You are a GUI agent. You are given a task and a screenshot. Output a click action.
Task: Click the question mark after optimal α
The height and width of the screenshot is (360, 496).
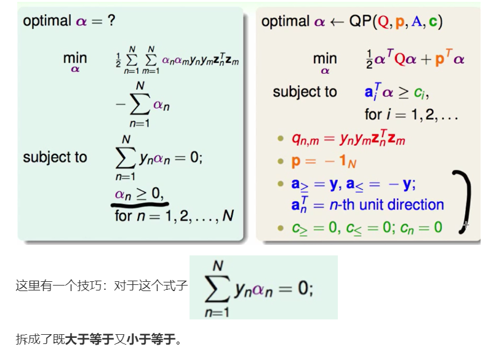tap(111, 21)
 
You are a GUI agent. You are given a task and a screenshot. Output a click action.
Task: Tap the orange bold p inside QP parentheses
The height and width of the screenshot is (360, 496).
tap(399, 22)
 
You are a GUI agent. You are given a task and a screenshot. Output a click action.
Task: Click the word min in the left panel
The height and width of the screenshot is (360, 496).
tap(75, 58)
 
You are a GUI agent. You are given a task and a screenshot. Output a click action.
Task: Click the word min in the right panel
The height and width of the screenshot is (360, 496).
tap(325, 58)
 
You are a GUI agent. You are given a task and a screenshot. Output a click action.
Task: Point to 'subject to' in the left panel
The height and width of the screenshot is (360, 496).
tap(55, 157)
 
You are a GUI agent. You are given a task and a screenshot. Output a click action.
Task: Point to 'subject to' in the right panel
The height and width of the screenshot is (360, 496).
tap(305, 92)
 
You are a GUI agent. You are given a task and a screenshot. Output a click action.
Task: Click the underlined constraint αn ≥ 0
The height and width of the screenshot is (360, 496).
tap(140, 194)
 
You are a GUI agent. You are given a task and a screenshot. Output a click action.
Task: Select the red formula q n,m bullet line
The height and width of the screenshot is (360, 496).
tap(348, 139)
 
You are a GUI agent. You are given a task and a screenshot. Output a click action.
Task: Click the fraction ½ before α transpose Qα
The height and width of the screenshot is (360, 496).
tap(369, 59)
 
